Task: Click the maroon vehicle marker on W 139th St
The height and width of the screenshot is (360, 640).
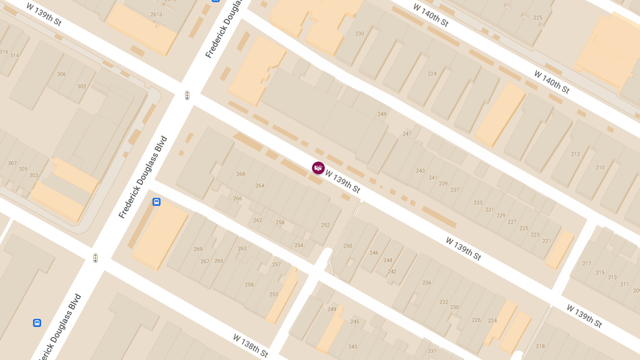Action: (318, 168)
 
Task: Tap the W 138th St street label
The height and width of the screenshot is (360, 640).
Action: (250, 346)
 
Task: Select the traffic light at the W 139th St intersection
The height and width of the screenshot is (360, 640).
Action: (187, 95)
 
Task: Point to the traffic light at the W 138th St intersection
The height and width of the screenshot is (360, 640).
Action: (95, 258)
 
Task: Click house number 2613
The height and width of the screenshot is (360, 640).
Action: (156, 14)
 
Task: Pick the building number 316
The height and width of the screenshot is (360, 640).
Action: (4, 52)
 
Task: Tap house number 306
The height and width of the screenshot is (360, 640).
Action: (61, 75)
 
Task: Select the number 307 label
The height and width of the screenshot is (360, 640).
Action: (12, 163)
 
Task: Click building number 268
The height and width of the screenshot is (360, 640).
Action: (241, 174)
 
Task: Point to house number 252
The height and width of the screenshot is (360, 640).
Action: (325, 225)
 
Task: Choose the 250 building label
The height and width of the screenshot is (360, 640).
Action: (348, 246)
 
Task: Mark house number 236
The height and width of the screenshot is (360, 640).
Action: (427, 283)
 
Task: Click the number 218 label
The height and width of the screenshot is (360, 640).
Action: (540, 346)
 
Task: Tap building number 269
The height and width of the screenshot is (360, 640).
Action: (198, 249)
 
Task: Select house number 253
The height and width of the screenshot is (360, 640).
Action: (274, 294)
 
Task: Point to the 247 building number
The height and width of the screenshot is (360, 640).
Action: (407, 134)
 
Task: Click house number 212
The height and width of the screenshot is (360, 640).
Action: (575, 154)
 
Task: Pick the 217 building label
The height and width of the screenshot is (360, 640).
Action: (587, 263)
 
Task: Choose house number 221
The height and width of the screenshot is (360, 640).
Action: (546, 241)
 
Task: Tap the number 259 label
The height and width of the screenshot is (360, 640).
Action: (249, 285)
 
